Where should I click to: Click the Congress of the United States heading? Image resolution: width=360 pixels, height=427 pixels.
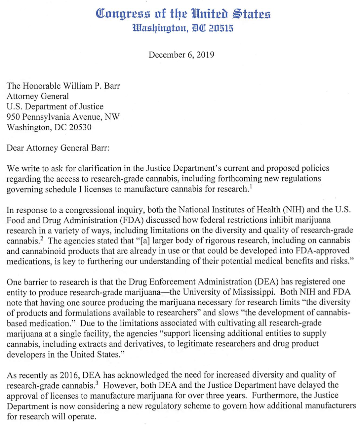click(x=183, y=14)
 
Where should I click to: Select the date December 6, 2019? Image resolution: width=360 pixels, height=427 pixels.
click(x=181, y=55)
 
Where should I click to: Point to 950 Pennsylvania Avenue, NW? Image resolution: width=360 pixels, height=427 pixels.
click(x=63, y=117)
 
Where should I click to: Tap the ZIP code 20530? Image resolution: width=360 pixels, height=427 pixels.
click(x=80, y=127)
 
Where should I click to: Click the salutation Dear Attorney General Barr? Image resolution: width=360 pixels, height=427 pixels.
click(x=58, y=148)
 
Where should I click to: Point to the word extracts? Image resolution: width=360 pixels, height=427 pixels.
click(x=94, y=344)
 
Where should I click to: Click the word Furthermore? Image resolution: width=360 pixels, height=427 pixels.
click(x=275, y=396)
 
